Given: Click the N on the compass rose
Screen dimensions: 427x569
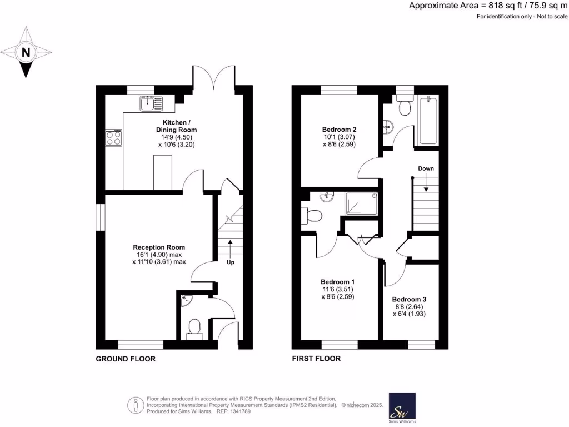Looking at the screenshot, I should pos(26,53).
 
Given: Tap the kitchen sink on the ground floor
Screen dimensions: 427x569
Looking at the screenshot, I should pos(151,102).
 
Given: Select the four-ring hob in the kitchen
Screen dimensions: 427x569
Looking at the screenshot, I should pos(114,137).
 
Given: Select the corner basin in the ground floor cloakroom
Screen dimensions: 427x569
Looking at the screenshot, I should pos(186,299).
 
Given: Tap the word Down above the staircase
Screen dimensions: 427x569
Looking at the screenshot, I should pos(426,168).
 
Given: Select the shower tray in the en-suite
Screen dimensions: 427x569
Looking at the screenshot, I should pos(361,203).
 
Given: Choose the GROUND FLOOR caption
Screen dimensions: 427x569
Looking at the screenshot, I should pos(126,359).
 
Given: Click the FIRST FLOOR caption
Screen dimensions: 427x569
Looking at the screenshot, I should pos(316,359).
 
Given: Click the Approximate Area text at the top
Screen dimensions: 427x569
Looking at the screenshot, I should pos(488,6).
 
